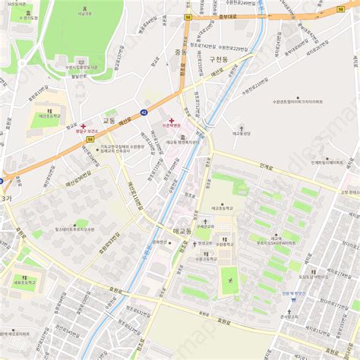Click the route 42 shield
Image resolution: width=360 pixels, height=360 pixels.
pyautogui.click(x=144, y=112)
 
